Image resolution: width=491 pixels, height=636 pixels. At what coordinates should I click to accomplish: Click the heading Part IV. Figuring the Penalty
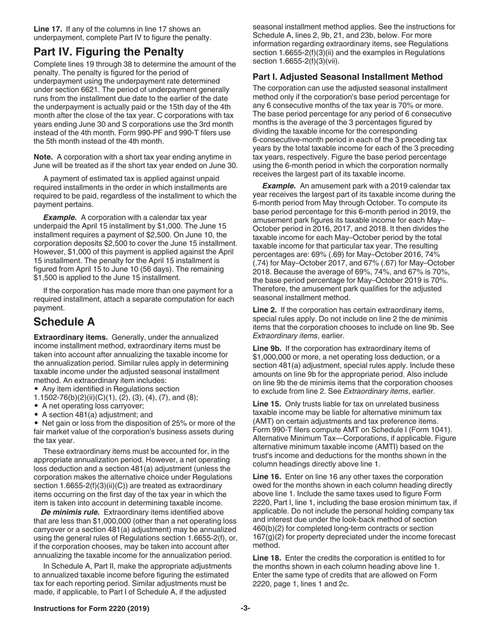coord(108,52)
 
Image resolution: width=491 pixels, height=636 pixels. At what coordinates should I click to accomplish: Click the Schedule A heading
coord(64,322)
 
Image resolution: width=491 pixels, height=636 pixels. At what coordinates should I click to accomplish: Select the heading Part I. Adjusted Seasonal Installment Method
coord(347,77)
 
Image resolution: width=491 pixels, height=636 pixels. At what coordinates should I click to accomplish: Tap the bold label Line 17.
coord(48,29)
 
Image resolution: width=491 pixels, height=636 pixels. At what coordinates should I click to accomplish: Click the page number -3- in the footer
coord(245,609)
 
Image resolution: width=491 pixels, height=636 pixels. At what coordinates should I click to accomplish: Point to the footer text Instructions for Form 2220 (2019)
coord(91,609)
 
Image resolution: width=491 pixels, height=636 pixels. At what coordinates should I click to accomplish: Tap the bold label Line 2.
coord(264,310)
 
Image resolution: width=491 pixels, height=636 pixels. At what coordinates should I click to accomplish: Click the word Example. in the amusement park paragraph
coord(279,186)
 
